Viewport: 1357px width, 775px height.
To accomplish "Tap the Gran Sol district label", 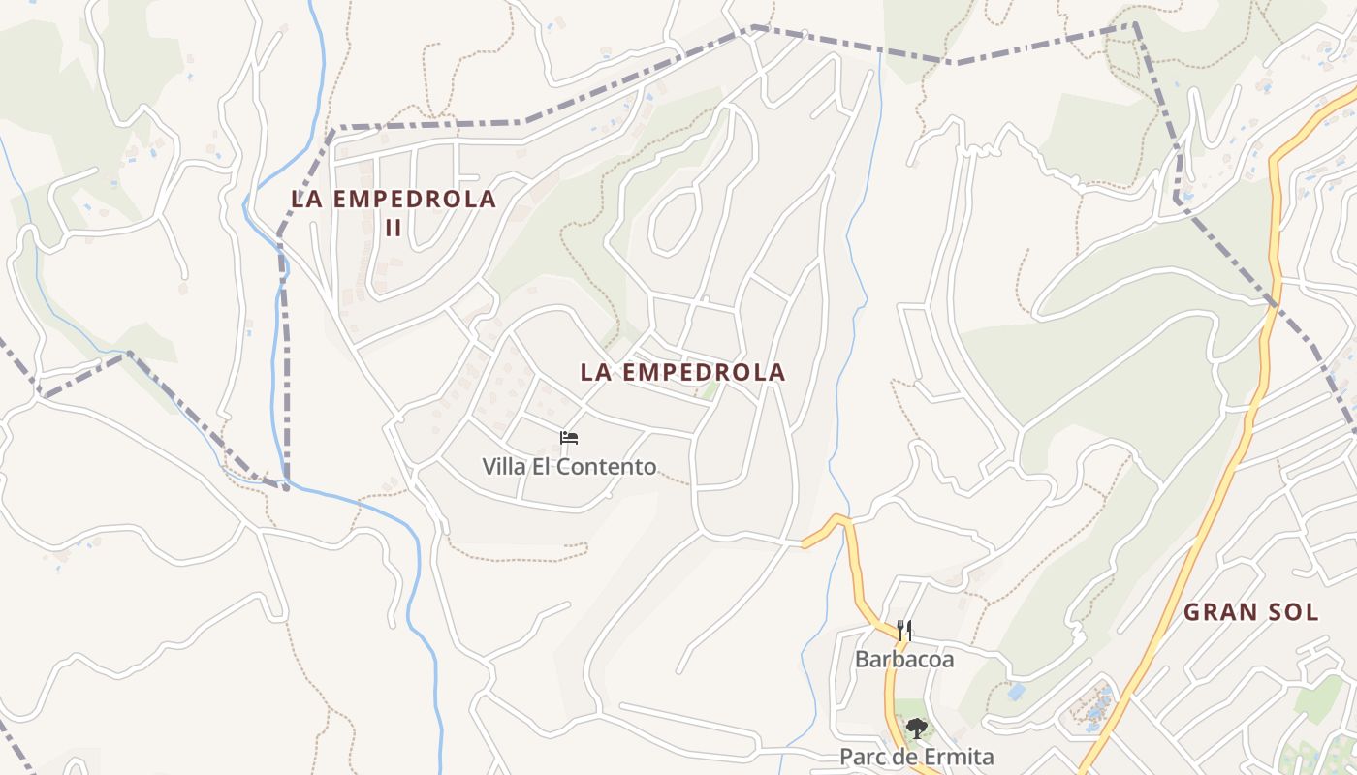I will [1250, 612].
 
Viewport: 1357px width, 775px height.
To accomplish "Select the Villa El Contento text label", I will [569, 467].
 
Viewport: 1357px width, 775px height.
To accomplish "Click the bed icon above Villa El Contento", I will [569, 438].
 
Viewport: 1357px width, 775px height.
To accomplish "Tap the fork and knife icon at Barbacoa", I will [904, 632].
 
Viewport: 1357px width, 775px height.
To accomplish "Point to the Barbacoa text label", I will [904, 661].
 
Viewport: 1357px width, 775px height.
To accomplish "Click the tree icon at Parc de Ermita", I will [916, 728].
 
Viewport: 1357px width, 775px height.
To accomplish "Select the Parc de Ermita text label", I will [916, 757].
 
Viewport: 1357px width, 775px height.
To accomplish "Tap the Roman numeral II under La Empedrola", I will [394, 230].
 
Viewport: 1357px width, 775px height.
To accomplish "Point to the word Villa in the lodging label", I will [505, 467].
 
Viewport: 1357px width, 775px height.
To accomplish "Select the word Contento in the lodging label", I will [611, 467].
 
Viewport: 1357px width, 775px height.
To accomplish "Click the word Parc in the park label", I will [860, 757].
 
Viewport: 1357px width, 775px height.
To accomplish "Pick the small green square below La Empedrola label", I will [710, 392].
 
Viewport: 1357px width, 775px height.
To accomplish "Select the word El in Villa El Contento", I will [550, 467].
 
